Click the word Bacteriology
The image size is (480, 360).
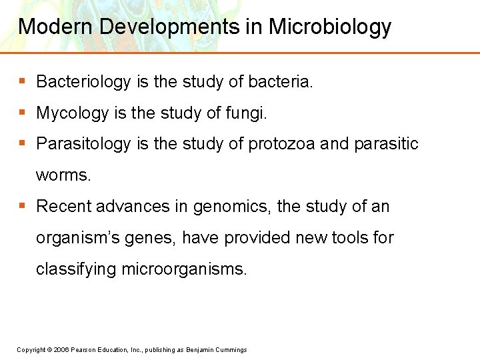point(83,82)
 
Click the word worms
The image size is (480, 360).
point(63,175)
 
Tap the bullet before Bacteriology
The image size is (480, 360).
point(22,82)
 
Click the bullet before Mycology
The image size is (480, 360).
point(22,113)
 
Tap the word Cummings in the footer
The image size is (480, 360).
point(231,350)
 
